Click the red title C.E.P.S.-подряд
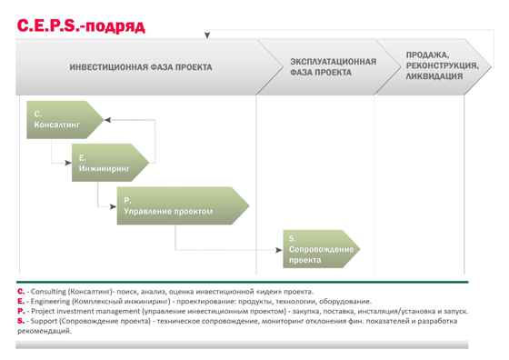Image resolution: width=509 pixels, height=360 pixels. click(81, 25)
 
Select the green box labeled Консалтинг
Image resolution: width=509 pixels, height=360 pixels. click(65, 120)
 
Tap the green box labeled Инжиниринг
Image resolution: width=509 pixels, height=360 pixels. click(110, 163)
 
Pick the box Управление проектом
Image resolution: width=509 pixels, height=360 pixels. click(183, 205)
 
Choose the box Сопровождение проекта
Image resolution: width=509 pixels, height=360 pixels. click(322, 249)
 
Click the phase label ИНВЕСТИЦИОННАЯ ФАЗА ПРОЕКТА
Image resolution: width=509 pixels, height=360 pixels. click(141, 67)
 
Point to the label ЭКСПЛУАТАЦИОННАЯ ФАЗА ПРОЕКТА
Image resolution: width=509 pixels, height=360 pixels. click(333, 67)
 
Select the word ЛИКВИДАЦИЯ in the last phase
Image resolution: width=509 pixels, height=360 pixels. click(434, 76)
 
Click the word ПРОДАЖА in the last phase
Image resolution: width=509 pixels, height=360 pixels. click(427, 55)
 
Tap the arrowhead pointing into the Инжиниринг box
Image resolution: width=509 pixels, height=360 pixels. click(68, 163)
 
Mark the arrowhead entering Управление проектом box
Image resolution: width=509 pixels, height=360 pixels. click(114, 206)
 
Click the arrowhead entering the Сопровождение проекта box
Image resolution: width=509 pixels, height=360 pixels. click(279, 250)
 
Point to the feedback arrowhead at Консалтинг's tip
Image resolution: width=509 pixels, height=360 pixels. click(108, 120)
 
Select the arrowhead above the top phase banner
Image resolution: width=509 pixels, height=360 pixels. click(207, 35)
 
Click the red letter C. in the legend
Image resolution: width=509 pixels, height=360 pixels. click(21, 291)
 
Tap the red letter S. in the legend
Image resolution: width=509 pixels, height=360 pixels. click(21, 321)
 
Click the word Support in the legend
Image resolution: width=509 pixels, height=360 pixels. click(44, 322)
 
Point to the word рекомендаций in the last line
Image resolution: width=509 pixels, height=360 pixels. click(45, 331)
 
